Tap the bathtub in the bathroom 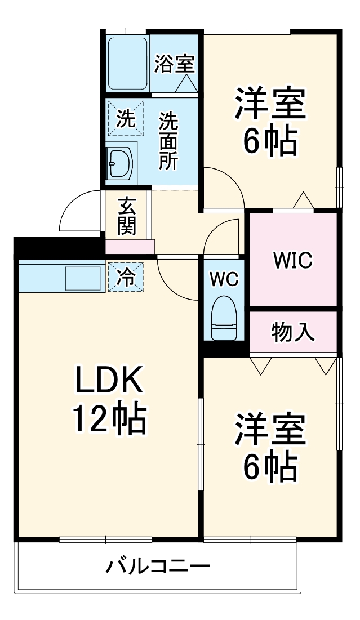pos(127,64)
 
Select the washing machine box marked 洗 pos(126,118)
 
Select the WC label pos(224,279)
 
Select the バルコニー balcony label pos(158,565)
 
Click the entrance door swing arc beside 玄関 pos(79,211)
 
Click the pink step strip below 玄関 pos(130,246)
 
